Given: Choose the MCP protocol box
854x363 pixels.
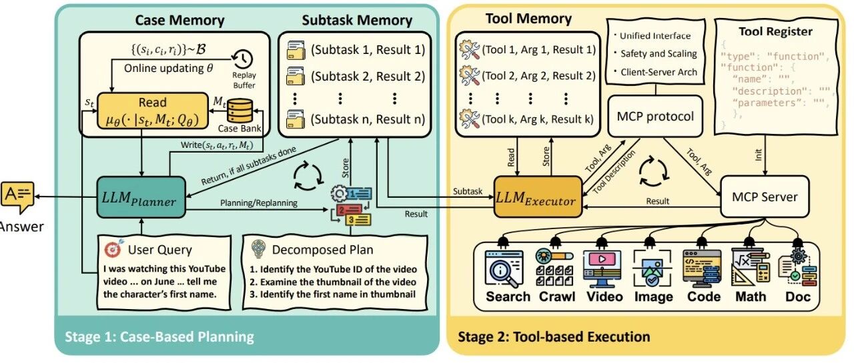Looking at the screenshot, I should [656, 117].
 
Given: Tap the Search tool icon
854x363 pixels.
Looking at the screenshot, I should [508, 268].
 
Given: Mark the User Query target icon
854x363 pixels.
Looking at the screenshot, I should [113, 250].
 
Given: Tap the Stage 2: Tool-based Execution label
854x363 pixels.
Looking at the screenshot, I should [554, 336].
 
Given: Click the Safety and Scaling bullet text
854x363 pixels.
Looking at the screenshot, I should [658, 53].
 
